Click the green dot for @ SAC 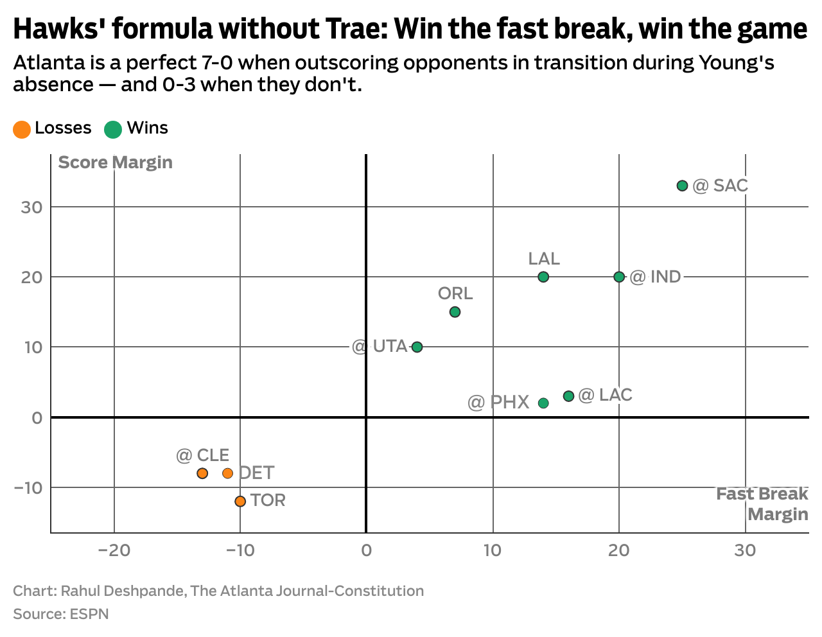pyautogui.click(x=682, y=186)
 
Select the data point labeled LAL pyautogui.click(x=543, y=277)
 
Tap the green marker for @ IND pyautogui.click(x=619, y=277)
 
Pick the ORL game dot pyautogui.click(x=455, y=312)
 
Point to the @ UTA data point pyautogui.click(x=417, y=347)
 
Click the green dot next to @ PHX pyautogui.click(x=543, y=403)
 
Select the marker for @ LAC pyautogui.click(x=568, y=396)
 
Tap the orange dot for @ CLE pyautogui.click(x=202, y=473)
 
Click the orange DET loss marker pyautogui.click(x=227, y=473)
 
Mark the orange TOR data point pyautogui.click(x=240, y=501)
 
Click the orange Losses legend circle pyautogui.click(x=22, y=129)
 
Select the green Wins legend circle pyautogui.click(x=113, y=129)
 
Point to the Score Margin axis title pyautogui.click(x=115, y=162)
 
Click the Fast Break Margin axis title pyautogui.click(x=763, y=503)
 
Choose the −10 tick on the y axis pyautogui.click(x=28, y=487)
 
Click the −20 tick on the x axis pyautogui.click(x=114, y=550)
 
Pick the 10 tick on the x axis pyautogui.click(x=493, y=550)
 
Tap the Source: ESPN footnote pyautogui.click(x=61, y=614)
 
